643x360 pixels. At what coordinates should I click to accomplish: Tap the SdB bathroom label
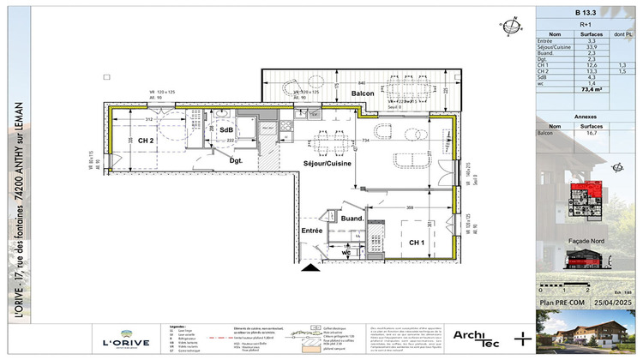click(226, 130)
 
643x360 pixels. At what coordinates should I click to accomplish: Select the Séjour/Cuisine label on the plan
click(325, 162)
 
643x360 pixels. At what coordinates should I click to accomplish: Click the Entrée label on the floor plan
click(310, 231)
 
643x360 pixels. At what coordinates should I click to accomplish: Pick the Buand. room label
click(353, 219)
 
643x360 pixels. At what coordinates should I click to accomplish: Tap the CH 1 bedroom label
click(417, 243)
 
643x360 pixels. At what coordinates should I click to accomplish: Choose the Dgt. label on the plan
click(235, 159)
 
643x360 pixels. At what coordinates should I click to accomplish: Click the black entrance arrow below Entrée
click(308, 268)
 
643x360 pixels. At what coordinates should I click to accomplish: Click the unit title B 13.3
click(588, 13)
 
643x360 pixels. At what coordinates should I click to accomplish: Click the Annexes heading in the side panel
click(588, 116)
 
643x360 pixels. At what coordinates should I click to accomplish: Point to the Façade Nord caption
click(587, 242)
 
